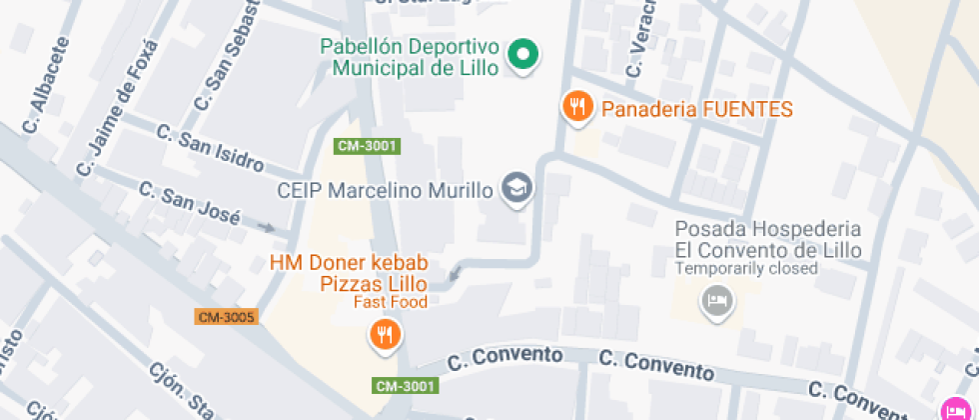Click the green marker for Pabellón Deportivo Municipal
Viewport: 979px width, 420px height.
(x=520, y=54)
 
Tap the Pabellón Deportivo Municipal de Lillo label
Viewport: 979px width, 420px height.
(x=409, y=57)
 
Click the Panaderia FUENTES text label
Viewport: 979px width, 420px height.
(x=697, y=109)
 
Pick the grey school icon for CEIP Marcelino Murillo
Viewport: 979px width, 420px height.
(x=516, y=188)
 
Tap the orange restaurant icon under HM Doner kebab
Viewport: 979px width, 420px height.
(x=385, y=335)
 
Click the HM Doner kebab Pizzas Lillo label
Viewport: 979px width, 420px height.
(x=350, y=273)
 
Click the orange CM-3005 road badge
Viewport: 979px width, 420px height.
(x=227, y=317)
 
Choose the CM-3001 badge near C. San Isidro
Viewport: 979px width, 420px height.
(x=367, y=146)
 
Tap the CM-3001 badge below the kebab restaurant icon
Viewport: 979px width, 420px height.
(x=407, y=385)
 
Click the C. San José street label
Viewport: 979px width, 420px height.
(x=189, y=202)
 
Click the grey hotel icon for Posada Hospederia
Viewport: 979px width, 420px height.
(x=715, y=300)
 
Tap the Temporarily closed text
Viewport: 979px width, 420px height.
(x=746, y=268)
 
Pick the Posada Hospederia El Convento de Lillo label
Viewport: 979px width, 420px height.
(x=767, y=240)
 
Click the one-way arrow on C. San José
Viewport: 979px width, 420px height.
(x=265, y=227)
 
